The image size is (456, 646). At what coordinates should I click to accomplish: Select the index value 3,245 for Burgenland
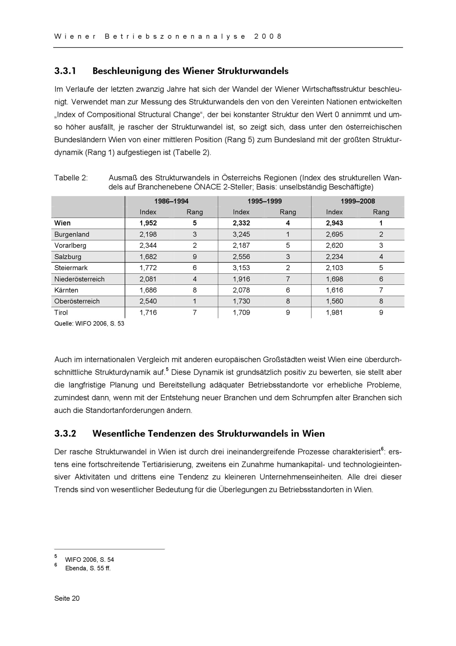pyautogui.click(x=241, y=234)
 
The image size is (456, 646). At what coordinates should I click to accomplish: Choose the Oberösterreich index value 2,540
pyautogui.click(x=148, y=301)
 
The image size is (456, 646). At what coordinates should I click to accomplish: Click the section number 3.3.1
pyautogui.click(x=65, y=71)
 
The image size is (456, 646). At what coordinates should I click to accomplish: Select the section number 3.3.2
pyautogui.click(x=65, y=433)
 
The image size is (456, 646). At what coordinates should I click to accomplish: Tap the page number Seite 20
pyautogui.click(x=67, y=599)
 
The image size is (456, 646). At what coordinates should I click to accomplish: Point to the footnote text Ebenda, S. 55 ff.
pyautogui.click(x=88, y=568)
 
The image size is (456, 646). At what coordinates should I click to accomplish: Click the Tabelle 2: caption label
pyautogui.click(x=71, y=178)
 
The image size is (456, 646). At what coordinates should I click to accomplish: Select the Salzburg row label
pyautogui.click(x=68, y=257)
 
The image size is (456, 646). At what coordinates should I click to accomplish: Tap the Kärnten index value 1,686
pyautogui.click(x=148, y=290)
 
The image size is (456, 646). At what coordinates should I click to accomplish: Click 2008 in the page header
pyautogui.click(x=268, y=37)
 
